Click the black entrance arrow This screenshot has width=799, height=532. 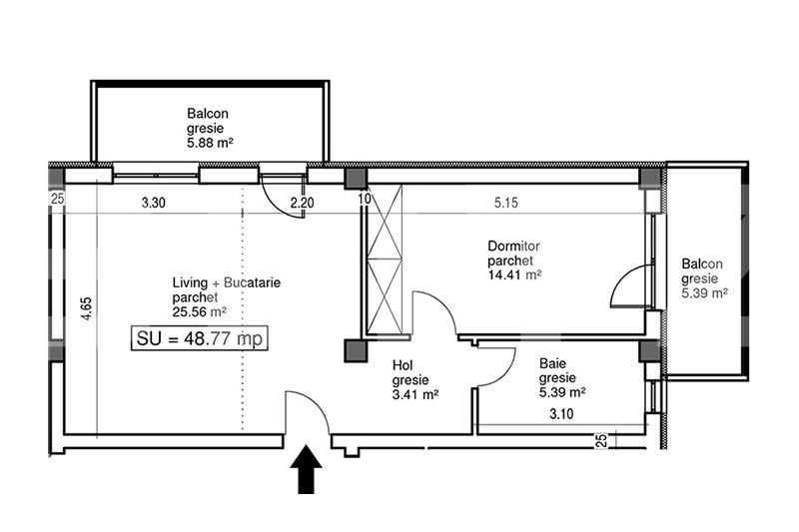pyautogui.click(x=306, y=469)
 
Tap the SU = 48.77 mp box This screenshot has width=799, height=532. pyautogui.click(x=199, y=338)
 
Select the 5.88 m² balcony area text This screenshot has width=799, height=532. pyautogui.click(x=210, y=143)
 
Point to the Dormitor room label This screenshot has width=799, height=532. pyautogui.click(x=513, y=246)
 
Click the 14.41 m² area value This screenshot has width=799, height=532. pyautogui.click(x=514, y=275)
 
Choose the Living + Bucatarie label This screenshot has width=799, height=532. pyautogui.click(x=227, y=282)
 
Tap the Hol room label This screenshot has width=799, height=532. pyautogui.click(x=402, y=365)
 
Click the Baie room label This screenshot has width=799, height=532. pyautogui.click(x=553, y=363)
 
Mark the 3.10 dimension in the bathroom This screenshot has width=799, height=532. pyautogui.click(x=561, y=414)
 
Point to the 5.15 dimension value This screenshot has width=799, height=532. pyautogui.click(x=506, y=203)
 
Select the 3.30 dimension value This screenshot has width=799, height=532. pyautogui.click(x=154, y=203)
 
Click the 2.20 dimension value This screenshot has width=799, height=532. pyautogui.click(x=303, y=203)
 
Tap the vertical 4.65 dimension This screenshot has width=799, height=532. pyautogui.click(x=87, y=308)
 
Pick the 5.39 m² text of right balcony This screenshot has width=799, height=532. pyautogui.click(x=704, y=293)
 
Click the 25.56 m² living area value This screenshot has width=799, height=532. pyautogui.click(x=199, y=311)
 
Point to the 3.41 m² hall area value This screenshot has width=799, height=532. pyautogui.click(x=415, y=394)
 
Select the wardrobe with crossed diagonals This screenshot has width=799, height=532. pyautogui.click(x=385, y=259)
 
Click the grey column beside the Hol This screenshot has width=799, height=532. pyautogui.click(x=356, y=350)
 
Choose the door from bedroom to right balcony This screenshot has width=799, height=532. pyautogui.click(x=629, y=286)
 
